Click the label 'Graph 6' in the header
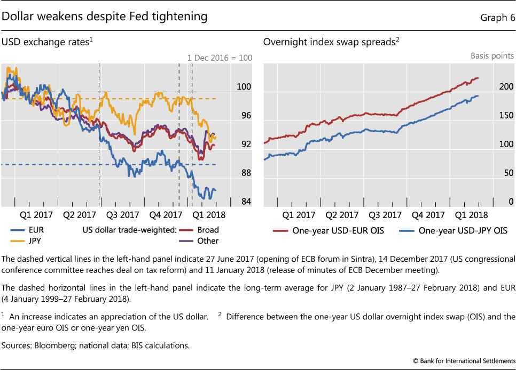pyautogui.click(x=498, y=18)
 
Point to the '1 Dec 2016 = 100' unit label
pyautogui.click(x=220, y=58)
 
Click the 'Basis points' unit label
pyautogui.click(x=492, y=55)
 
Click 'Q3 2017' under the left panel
pyautogui.click(x=122, y=215)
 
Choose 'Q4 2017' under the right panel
pyautogui.click(x=428, y=215)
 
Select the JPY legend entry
pyautogui.click(x=30, y=240)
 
